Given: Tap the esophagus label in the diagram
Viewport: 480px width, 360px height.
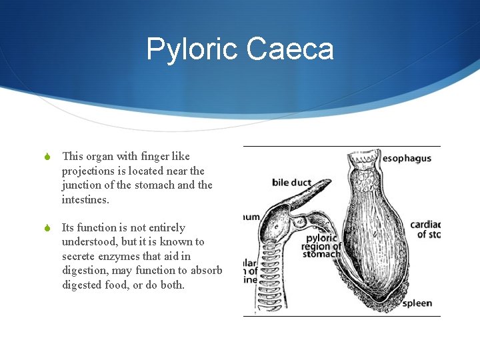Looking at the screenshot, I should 407,159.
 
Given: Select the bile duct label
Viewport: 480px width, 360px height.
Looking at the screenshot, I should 291,182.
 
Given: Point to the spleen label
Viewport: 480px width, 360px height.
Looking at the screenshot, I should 417,303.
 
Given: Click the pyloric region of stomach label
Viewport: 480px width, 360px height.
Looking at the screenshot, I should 321,246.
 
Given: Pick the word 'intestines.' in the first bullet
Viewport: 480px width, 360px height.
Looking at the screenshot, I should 86,200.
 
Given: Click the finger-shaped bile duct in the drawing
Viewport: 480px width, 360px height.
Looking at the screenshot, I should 307,197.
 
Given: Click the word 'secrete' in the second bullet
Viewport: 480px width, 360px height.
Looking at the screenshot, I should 80,257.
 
